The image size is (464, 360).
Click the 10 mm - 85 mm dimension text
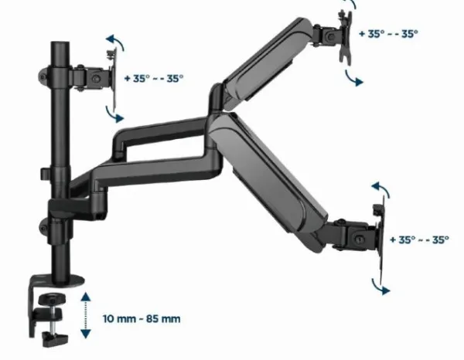(148, 318)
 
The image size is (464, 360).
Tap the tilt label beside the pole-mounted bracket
(153, 78)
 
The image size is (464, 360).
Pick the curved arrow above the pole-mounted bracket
(116, 42)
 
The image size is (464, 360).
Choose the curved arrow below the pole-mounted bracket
(116, 114)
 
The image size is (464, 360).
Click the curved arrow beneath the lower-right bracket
(380, 285)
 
